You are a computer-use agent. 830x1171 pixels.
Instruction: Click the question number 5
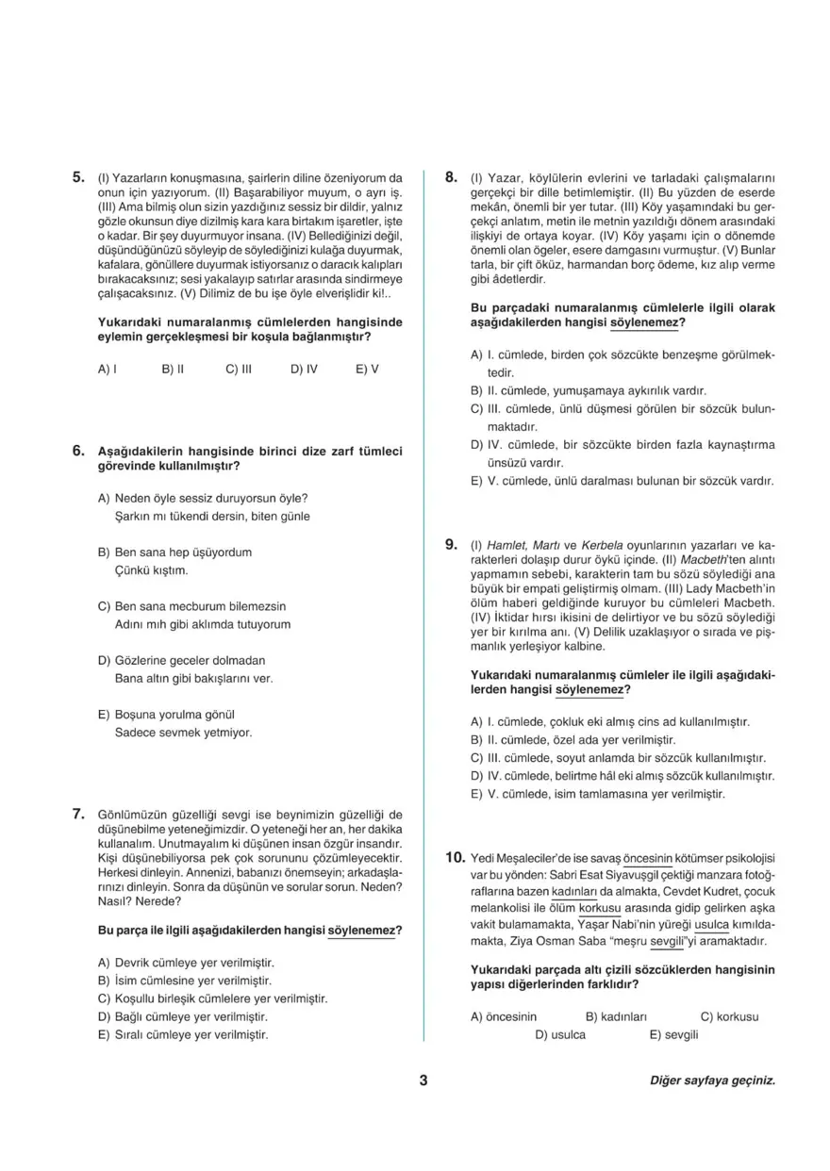[79, 176]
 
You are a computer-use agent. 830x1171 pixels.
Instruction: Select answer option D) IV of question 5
[304, 370]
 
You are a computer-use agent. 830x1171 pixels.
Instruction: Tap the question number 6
[79, 451]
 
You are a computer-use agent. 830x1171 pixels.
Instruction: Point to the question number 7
[79, 814]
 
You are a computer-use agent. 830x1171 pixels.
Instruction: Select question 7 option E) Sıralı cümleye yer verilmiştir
[183, 1034]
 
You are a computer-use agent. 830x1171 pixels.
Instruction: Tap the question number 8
[451, 176]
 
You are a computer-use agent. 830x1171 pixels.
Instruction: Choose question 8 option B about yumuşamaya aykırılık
[588, 390]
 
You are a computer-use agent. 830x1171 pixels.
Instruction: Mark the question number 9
[451, 545]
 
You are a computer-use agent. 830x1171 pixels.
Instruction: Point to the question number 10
[455, 858]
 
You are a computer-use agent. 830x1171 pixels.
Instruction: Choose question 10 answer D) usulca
[560, 1035]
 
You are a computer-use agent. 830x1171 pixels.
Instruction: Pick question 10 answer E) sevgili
[673, 1035]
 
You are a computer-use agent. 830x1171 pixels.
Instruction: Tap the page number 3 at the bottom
[423, 1080]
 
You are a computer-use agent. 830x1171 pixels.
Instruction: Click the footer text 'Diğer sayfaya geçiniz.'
[712, 1081]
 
